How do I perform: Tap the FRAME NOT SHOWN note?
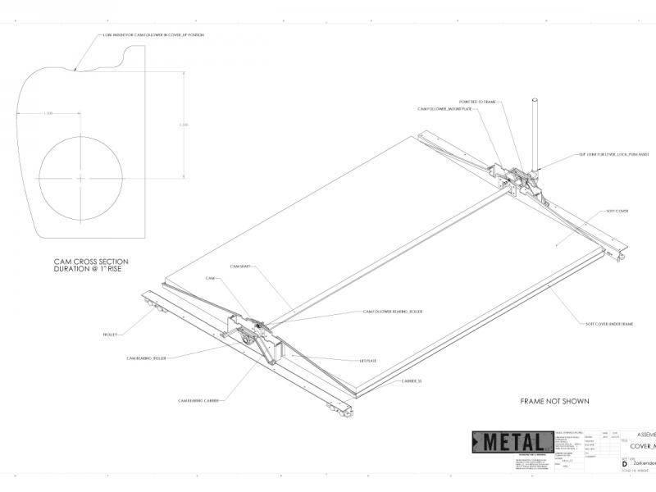[x=555, y=402]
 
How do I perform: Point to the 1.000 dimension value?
[x=48, y=113]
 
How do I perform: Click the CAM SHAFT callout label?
[x=239, y=266]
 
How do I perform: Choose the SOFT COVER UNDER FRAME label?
[x=608, y=324]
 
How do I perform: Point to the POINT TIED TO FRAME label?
[x=478, y=102]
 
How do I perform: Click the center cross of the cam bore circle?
[x=80, y=178]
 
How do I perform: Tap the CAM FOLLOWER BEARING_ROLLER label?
[x=394, y=312]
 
